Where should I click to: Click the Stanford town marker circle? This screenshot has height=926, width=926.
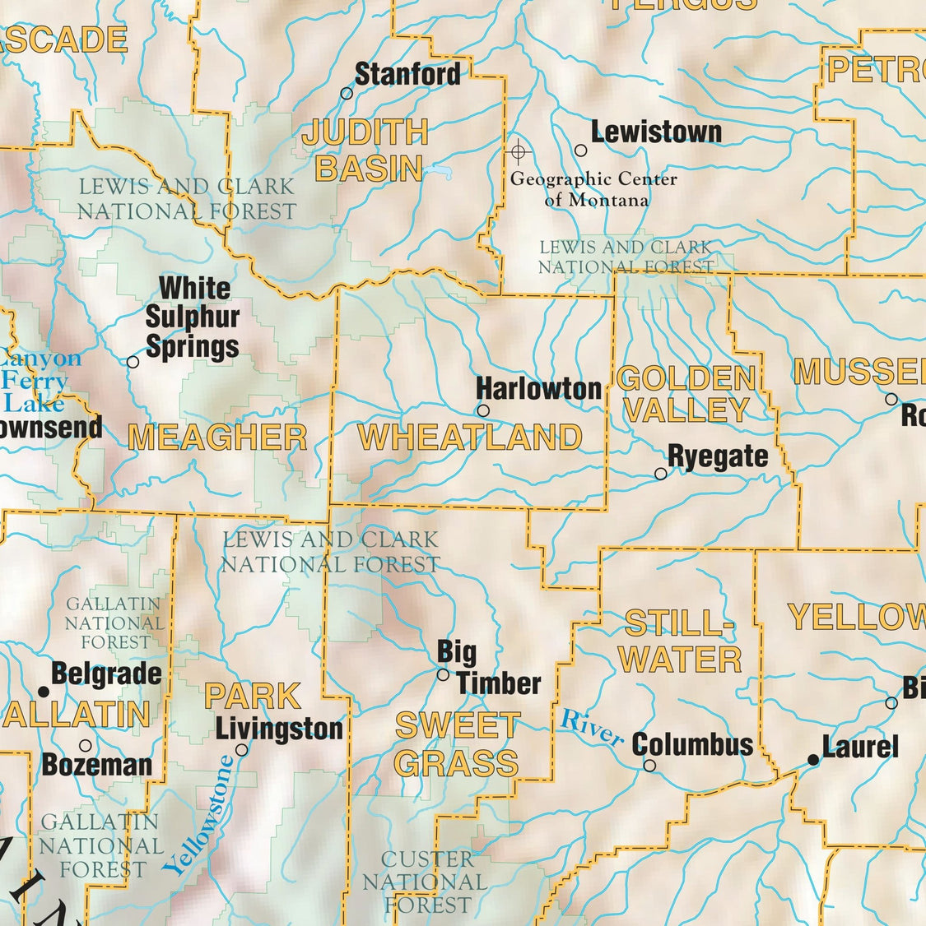pos(347,94)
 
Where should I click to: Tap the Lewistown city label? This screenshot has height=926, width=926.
pos(656,132)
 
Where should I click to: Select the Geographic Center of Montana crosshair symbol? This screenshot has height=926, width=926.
pos(518,151)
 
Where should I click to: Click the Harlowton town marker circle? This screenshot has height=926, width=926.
pos(483,410)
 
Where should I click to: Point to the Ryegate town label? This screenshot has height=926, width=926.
pos(718,456)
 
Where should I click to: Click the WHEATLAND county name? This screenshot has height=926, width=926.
pos(470,438)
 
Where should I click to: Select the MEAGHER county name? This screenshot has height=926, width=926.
pos(217,438)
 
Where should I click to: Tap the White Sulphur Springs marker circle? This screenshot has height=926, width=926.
pos(133,362)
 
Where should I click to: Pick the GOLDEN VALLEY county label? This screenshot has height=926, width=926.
pos(686,394)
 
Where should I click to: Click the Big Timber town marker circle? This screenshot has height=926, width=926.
pos(443,674)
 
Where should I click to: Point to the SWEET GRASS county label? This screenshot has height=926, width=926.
pos(457,744)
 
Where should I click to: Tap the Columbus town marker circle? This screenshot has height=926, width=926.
pos(649,766)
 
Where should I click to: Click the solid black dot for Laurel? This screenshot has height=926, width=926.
pos(813,761)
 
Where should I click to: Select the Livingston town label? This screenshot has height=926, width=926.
pos(279,729)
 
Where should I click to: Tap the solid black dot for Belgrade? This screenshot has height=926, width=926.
pos(43,692)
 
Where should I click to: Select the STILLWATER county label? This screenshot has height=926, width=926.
pos(680,641)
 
